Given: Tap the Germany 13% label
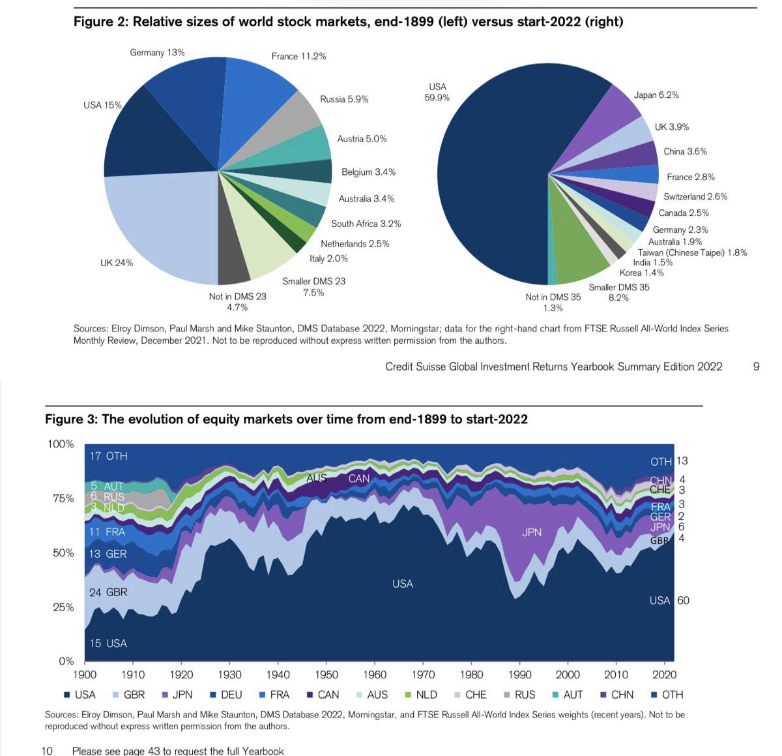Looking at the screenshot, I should click(x=157, y=52).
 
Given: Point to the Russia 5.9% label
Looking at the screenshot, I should click(x=344, y=99).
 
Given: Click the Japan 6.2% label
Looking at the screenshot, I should click(x=656, y=95).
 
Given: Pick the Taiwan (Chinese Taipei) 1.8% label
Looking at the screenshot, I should click(x=692, y=252).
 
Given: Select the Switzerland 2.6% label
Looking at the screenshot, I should click(x=695, y=196).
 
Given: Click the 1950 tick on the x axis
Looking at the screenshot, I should click(x=326, y=675).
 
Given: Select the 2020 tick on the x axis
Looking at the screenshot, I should click(x=664, y=675).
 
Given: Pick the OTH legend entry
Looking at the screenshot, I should click(x=667, y=695).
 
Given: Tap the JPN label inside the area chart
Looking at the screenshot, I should click(x=532, y=533).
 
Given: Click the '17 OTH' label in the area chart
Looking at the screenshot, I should click(x=108, y=456).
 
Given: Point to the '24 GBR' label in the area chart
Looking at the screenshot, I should click(x=108, y=592).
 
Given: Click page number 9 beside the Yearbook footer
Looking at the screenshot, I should click(x=756, y=367).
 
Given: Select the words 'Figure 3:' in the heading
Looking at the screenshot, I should click(x=71, y=419).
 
